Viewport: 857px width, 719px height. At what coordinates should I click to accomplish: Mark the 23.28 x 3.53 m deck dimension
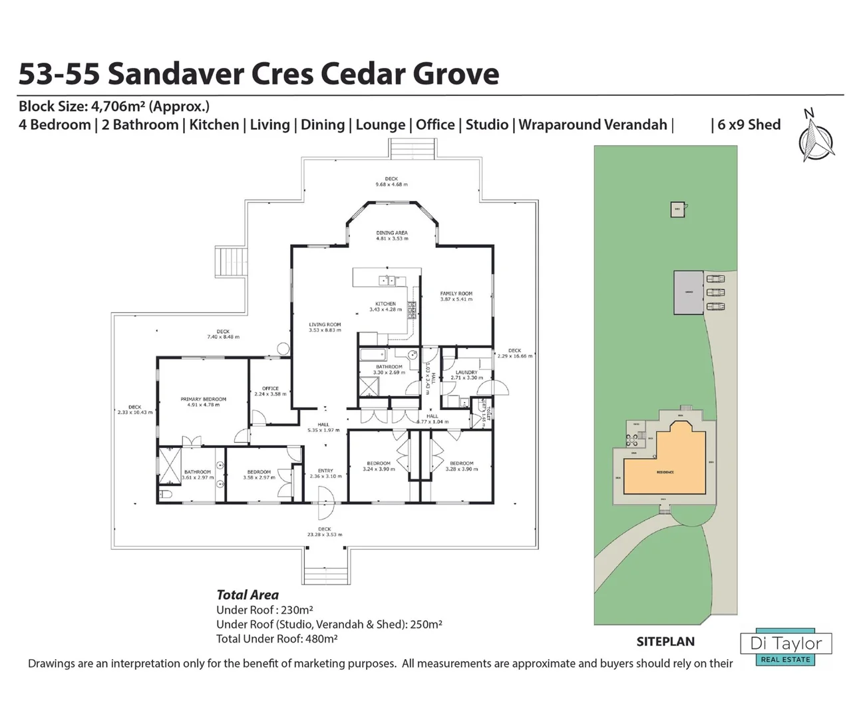[x=325, y=535]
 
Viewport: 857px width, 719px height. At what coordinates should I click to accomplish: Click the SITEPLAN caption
[x=665, y=642]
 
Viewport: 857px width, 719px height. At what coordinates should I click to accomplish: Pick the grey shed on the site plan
[x=689, y=292]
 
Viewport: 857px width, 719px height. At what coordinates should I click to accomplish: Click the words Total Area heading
[x=248, y=595]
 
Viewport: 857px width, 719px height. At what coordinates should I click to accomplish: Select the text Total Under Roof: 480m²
[x=277, y=639]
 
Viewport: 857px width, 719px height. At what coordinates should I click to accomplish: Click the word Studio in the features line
[x=486, y=124]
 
